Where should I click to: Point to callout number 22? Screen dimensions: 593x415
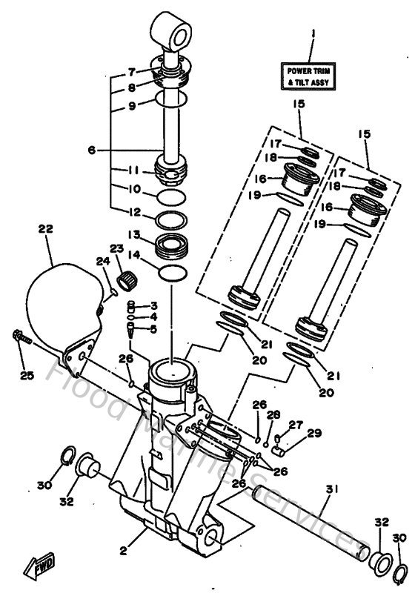coord(46,230)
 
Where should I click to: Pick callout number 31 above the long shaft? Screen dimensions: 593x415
coord(331,488)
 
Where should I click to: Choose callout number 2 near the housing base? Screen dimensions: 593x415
coord(123,551)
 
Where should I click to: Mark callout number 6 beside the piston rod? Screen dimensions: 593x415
coord(92,150)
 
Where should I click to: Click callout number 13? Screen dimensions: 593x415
coord(134,235)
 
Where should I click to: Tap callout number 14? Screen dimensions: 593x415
coord(134,254)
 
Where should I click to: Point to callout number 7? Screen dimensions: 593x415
coord(131,72)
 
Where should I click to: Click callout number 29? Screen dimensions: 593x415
coord(313,432)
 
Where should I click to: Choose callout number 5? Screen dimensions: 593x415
coord(153,329)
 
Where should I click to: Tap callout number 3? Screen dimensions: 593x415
coord(153,305)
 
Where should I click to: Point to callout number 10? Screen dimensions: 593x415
coord(134,189)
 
